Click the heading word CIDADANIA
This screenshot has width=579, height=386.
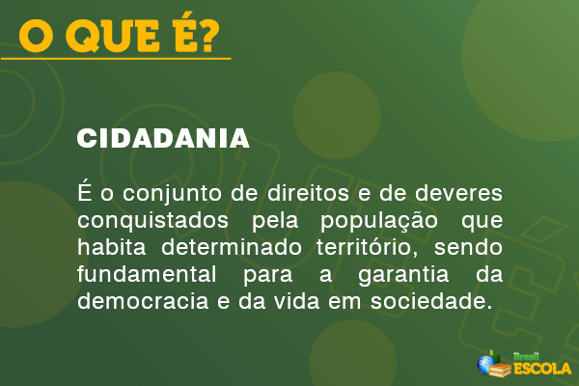pyautogui.click(x=163, y=139)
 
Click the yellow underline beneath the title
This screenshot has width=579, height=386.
pyautogui.click(x=116, y=59)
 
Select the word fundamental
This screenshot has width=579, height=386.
pyautogui.click(x=140, y=274)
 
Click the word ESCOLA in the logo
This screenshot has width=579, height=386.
pyautogui.click(x=542, y=368)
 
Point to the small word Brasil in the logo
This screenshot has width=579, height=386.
pyautogui.click(x=526, y=355)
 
